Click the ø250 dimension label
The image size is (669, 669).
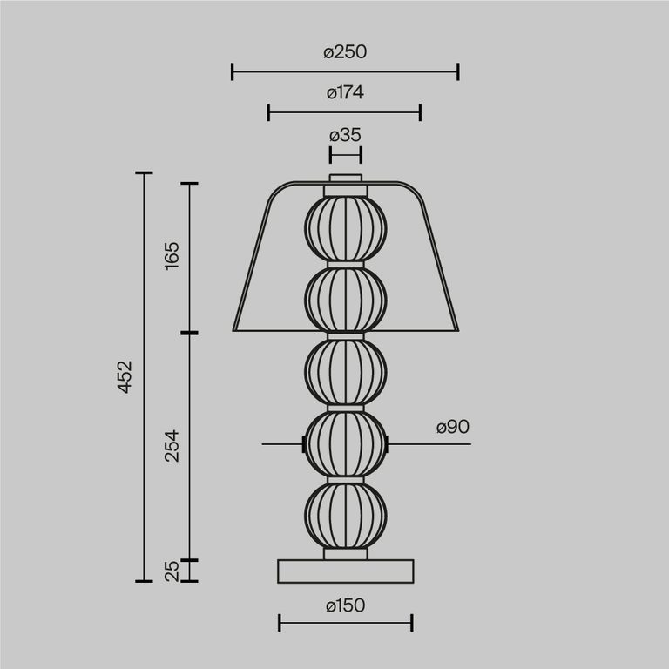[x=345, y=52]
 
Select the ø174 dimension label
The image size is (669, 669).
[x=345, y=92]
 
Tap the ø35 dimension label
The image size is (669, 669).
[x=345, y=135]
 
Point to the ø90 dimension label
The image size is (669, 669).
[x=453, y=427]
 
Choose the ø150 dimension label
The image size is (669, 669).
[x=345, y=605]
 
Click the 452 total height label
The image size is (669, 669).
[x=125, y=376]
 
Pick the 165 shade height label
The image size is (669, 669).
[x=171, y=257]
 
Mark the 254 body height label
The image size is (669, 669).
[x=171, y=445]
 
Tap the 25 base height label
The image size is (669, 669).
[x=172, y=571]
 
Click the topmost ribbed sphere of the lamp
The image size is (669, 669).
[x=345, y=228]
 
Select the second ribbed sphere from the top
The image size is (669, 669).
[x=345, y=300]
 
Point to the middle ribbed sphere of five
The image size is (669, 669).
[x=345, y=370]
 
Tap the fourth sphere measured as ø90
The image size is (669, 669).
[x=345, y=443]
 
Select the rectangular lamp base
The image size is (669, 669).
[x=345, y=571]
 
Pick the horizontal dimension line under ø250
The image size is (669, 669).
[x=345, y=71]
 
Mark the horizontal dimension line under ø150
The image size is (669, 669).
[x=345, y=622]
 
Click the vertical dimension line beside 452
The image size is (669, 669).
[x=143, y=376]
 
